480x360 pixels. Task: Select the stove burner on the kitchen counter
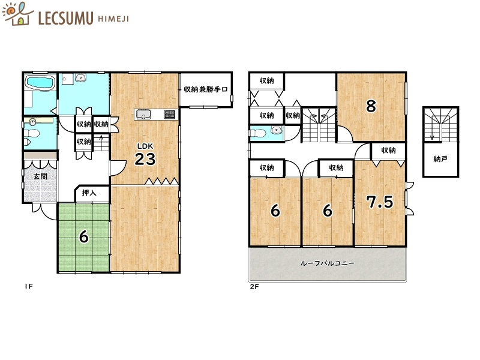pos(168,114)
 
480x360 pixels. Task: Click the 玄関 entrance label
pos(40,176)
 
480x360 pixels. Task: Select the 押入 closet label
pos(89,193)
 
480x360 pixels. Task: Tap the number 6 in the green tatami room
pos(84,236)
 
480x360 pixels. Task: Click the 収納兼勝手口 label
pos(206,90)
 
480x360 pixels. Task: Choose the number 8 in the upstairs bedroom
pos(371,106)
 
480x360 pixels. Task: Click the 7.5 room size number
pos(380,202)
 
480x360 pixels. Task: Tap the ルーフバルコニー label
pos(328,263)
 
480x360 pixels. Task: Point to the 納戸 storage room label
pos(440,160)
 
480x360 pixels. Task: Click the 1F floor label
pos(28,287)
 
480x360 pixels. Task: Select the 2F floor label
pos(254,287)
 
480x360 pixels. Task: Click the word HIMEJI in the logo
pos(113,19)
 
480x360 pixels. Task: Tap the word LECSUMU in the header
pos(65,19)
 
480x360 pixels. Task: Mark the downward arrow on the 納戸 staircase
pos(431,136)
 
